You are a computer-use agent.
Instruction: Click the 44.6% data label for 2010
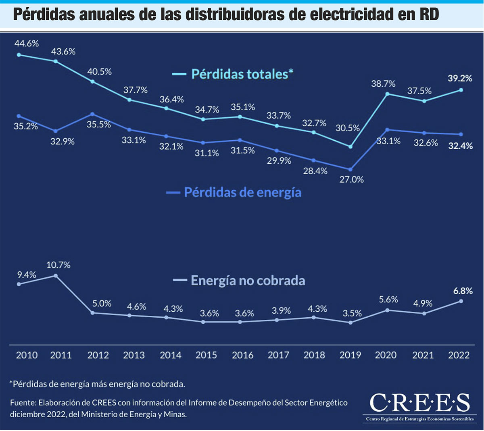27,44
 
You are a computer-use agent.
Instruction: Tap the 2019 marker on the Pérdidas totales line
350,147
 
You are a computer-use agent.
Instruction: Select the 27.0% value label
351,179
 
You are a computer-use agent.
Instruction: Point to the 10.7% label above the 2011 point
58,265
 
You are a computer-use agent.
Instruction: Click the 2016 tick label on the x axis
242,355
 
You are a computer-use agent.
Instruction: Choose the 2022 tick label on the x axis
459,355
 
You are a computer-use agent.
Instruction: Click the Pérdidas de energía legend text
242,192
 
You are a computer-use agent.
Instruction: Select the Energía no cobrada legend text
248,281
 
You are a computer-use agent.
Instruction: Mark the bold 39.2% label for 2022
460,78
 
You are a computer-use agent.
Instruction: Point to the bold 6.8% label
463,291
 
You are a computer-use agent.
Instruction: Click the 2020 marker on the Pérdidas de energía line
387,130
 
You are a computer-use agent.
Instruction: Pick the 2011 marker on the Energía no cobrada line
56,276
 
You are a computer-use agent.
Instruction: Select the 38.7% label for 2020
383,84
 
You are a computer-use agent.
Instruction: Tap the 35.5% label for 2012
99,125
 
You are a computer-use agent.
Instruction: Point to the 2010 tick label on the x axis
27,355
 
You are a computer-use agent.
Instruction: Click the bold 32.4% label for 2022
461,146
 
